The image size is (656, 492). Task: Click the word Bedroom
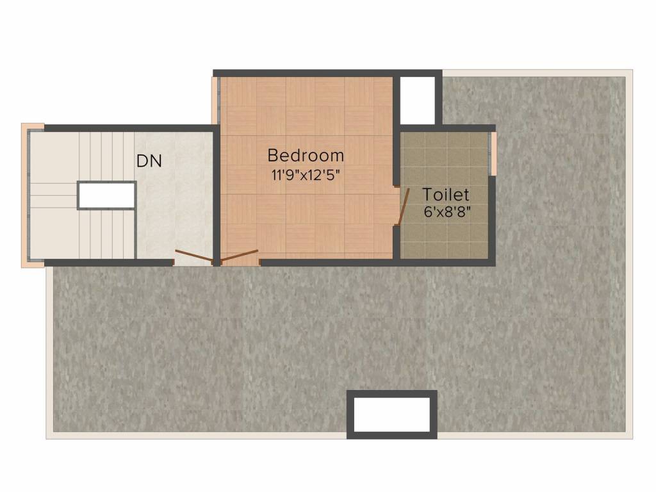[306, 155]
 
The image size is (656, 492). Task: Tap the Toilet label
[446, 195]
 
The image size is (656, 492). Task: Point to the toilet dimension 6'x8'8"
[447, 212]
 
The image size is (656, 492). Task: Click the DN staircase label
[149, 161]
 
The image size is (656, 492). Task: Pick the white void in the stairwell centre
[106, 195]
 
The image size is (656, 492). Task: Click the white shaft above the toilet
[418, 101]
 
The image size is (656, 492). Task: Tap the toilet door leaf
[403, 207]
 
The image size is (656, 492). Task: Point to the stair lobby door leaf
[193, 258]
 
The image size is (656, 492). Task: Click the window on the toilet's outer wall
[493, 153]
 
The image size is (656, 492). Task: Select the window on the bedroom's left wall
[215, 101]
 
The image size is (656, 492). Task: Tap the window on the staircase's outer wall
[26, 195]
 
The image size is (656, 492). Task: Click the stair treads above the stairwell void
[106, 156]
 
